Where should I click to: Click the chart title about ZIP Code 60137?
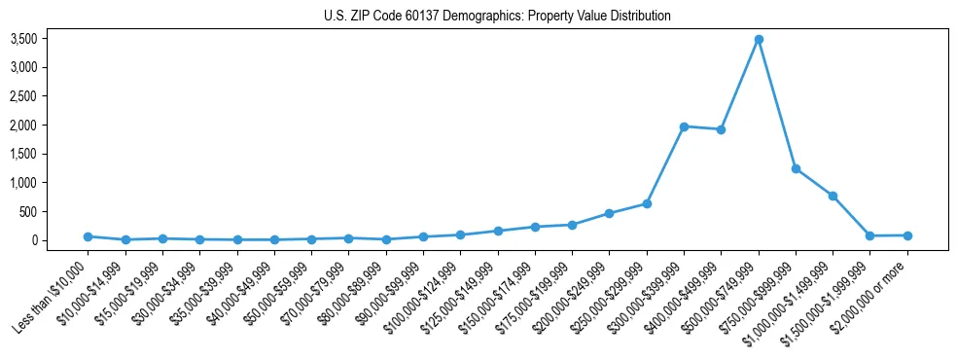click(496, 16)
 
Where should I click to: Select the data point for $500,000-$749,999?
click(759, 39)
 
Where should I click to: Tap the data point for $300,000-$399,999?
click(684, 126)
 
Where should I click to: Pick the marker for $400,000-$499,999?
click(721, 129)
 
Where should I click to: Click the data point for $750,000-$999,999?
click(796, 168)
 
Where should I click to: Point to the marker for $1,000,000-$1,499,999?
click(833, 196)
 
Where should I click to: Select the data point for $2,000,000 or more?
click(907, 235)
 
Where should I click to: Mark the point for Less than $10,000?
click(88, 236)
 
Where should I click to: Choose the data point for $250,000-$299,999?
click(647, 203)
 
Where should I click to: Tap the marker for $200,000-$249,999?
click(609, 213)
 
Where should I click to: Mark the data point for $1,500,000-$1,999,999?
click(869, 235)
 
